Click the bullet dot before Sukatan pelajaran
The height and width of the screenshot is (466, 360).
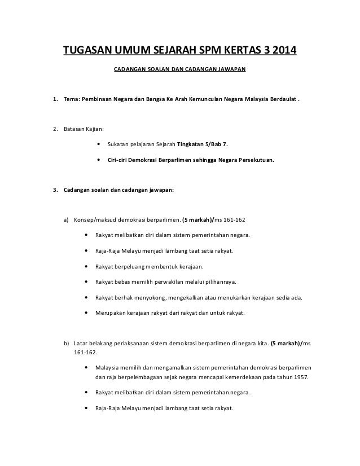(x=99, y=144)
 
